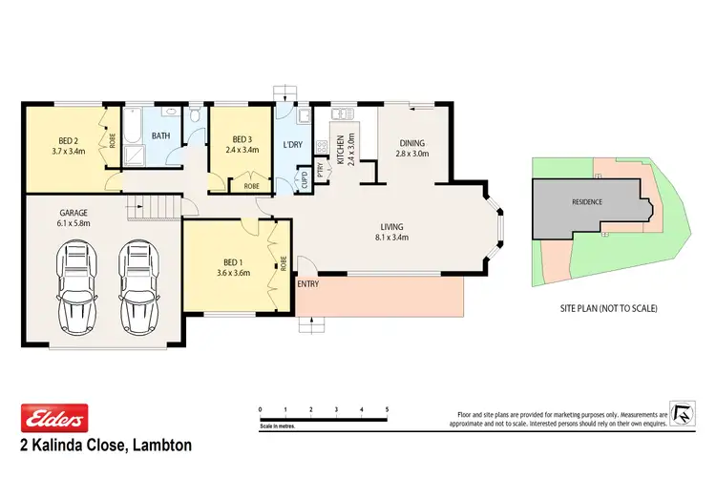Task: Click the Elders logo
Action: (x=54, y=417)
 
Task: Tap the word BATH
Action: (x=160, y=135)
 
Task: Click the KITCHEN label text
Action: (x=340, y=150)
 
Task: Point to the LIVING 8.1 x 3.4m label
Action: (x=390, y=232)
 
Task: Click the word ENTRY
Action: (x=308, y=283)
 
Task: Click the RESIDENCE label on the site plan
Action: (x=586, y=202)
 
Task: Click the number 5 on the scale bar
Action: (x=387, y=409)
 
